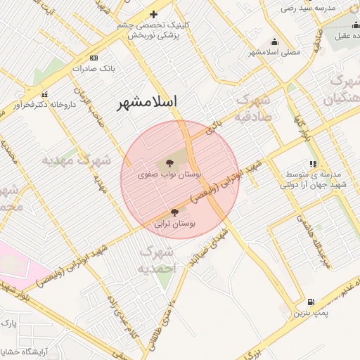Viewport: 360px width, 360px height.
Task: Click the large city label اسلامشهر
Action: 148,102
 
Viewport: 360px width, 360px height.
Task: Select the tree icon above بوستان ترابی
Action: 174,212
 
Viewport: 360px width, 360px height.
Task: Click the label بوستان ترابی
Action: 174,224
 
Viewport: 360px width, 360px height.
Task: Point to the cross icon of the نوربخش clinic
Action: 153,14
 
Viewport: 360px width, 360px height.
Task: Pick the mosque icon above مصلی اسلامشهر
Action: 273,41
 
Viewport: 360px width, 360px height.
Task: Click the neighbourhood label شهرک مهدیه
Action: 75,160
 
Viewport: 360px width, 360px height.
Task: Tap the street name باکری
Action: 215,127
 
